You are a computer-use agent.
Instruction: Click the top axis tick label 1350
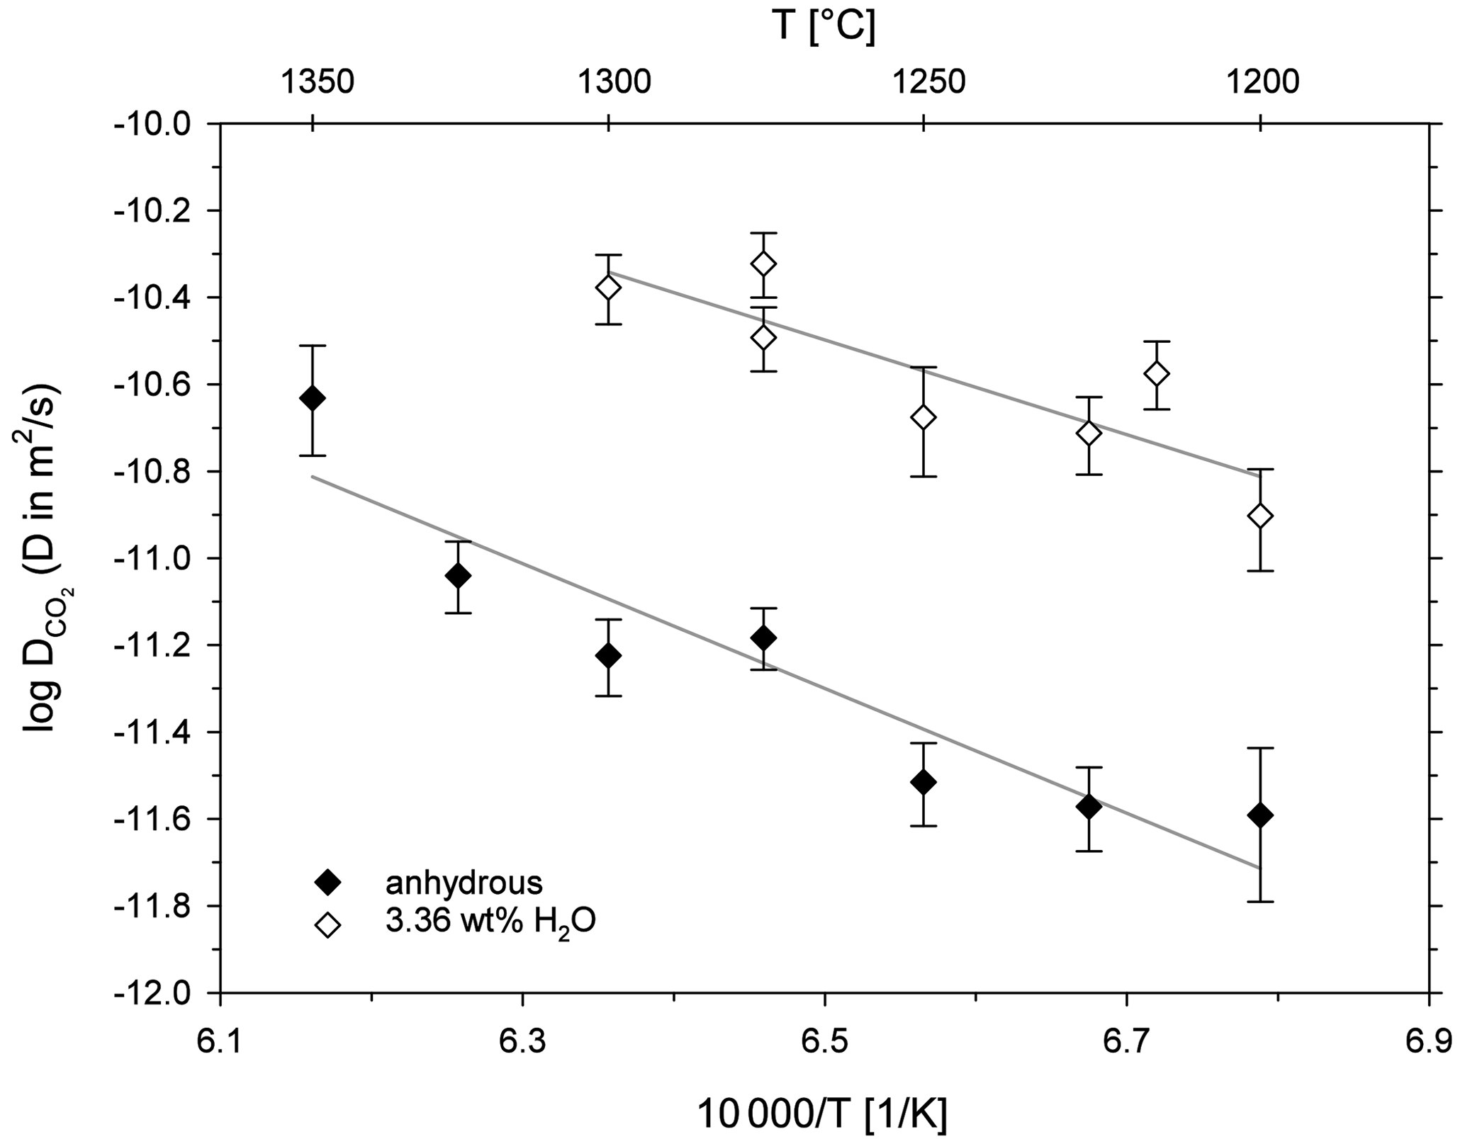(317, 82)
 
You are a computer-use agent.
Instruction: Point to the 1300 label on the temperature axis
(614, 82)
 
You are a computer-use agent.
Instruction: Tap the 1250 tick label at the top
(928, 82)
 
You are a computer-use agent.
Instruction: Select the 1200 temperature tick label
(1262, 82)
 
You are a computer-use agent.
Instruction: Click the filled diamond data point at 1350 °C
(313, 398)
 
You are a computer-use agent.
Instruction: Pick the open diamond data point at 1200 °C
(1260, 516)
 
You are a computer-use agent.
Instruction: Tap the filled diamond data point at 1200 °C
(1260, 815)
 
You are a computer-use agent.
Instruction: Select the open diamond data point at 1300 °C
(608, 288)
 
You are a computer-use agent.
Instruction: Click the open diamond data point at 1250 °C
(923, 417)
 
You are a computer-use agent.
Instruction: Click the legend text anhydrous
(464, 883)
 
